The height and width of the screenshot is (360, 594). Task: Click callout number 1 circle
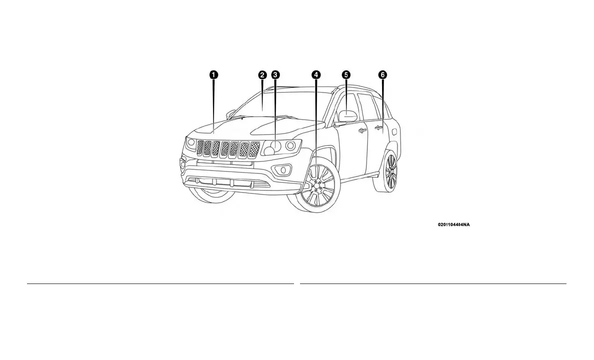pyautogui.click(x=213, y=74)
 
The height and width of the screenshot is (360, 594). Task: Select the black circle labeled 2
pyautogui.click(x=262, y=74)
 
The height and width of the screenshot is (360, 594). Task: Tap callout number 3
pyautogui.click(x=275, y=74)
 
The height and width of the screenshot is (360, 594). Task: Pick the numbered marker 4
pyautogui.click(x=316, y=74)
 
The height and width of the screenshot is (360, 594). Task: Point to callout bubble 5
pyautogui.click(x=346, y=74)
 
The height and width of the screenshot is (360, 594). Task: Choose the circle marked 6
pyautogui.click(x=382, y=74)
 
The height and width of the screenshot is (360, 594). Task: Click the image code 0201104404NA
pyautogui.click(x=453, y=225)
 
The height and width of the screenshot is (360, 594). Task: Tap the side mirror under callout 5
pyautogui.click(x=347, y=115)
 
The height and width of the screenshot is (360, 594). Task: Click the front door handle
pyautogui.click(x=362, y=130)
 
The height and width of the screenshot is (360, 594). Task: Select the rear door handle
pyautogui.click(x=378, y=128)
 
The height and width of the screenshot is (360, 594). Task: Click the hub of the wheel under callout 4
pyautogui.click(x=316, y=188)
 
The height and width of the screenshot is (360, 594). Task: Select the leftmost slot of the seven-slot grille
pyautogui.click(x=201, y=148)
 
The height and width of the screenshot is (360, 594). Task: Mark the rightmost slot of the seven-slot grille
pyautogui.click(x=254, y=148)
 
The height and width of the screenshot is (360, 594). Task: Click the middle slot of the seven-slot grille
pyautogui.click(x=225, y=148)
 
